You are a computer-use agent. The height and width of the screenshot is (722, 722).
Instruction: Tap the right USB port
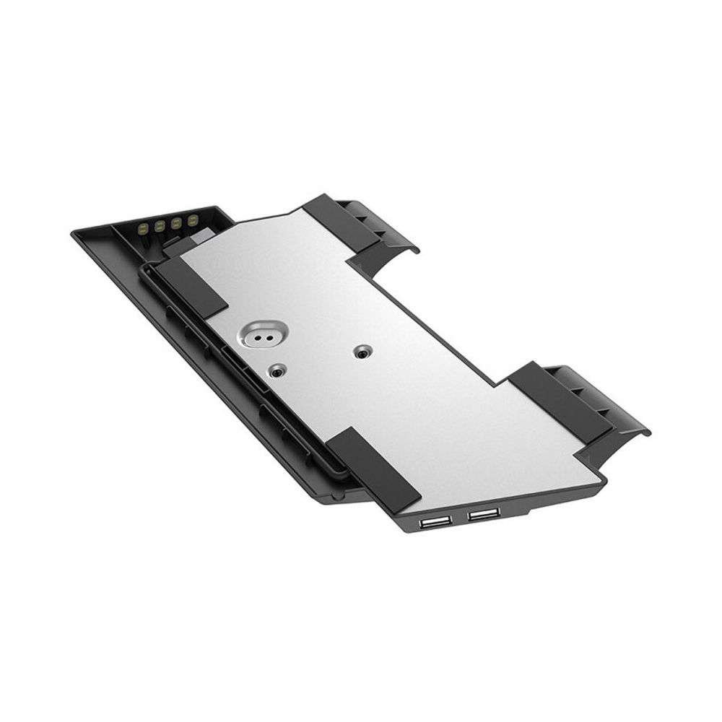(x=483, y=514)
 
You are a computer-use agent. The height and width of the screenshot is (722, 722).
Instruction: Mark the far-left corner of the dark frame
(x=74, y=233)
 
